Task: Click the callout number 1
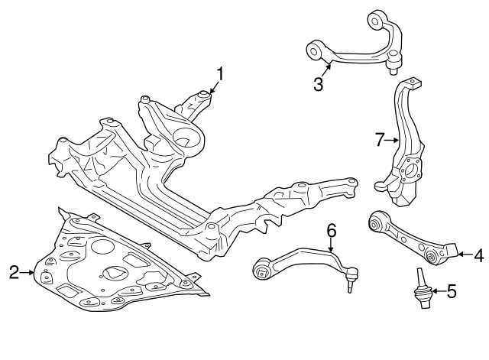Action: (x=221, y=74)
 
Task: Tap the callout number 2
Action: (x=14, y=272)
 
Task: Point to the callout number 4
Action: (x=478, y=255)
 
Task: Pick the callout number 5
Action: (x=451, y=290)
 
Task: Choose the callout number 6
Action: (x=331, y=230)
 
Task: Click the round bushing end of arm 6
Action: (x=263, y=268)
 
